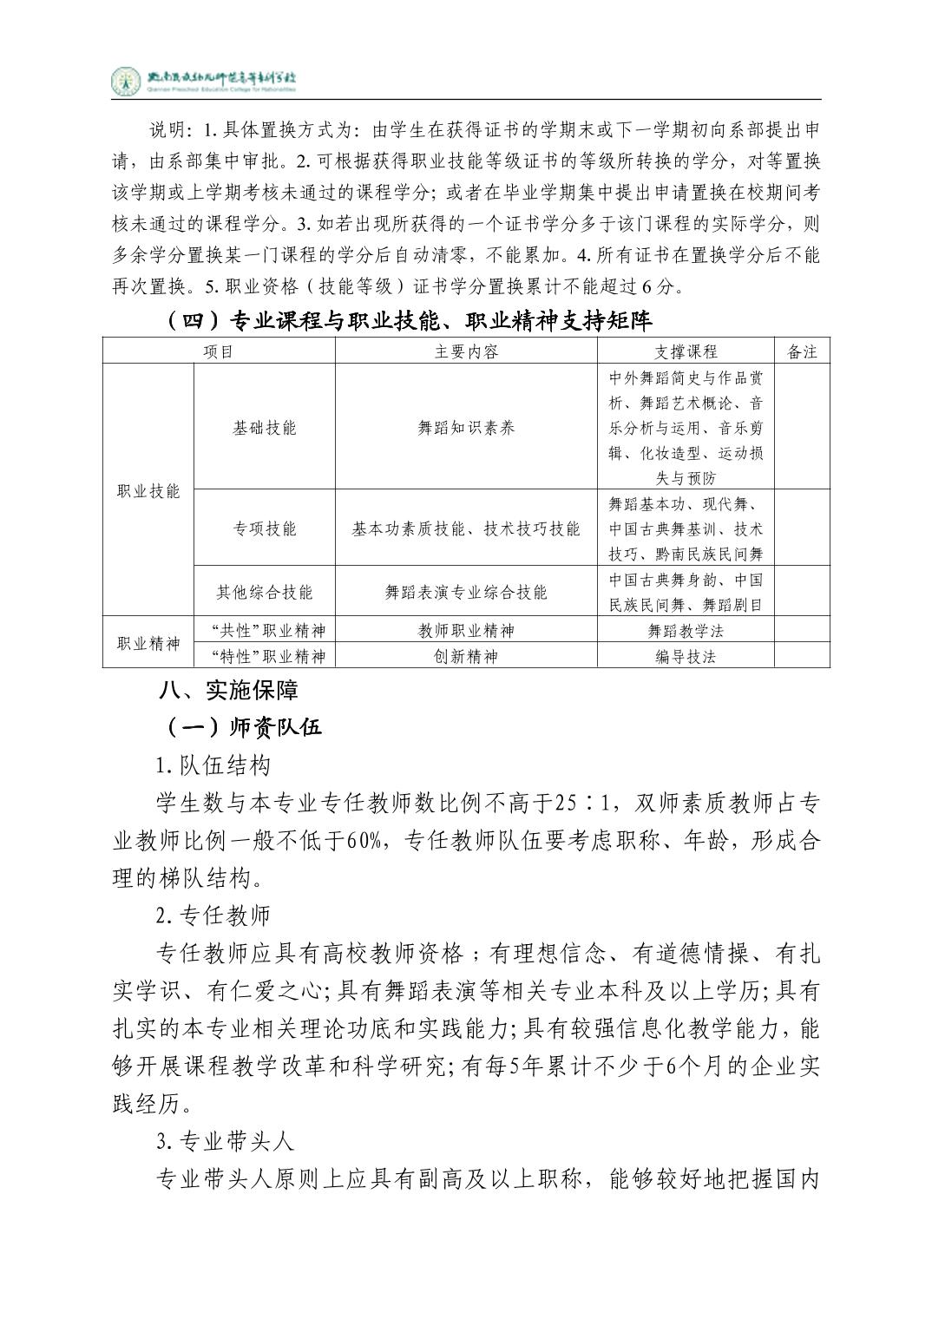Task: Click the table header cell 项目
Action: (219, 351)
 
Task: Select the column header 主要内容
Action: (466, 351)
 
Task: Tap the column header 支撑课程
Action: (686, 351)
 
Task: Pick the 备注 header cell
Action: (802, 351)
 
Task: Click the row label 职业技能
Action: (148, 491)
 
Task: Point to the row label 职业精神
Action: (148, 644)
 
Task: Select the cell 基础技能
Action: (265, 428)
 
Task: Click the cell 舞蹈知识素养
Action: (466, 428)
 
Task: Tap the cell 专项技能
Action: (265, 528)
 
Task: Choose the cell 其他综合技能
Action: (265, 593)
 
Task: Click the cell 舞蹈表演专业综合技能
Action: (466, 593)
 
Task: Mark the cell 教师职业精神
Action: (466, 631)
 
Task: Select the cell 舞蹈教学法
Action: (686, 631)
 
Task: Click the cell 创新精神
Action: (466, 657)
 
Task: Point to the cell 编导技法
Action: (686, 657)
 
